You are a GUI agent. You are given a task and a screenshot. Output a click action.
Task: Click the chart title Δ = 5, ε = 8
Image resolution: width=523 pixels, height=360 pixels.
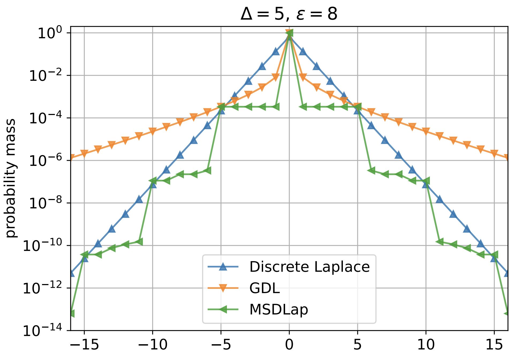tap(289, 14)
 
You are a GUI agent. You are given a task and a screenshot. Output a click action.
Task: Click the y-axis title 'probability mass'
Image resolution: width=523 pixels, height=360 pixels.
tap(11, 178)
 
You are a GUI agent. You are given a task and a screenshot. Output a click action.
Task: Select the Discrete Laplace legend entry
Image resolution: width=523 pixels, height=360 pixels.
tap(309, 267)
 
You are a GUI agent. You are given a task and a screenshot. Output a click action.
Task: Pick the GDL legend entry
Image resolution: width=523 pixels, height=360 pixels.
tap(264, 288)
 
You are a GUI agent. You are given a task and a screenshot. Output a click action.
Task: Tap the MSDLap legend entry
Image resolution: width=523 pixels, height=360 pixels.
tap(278, 309)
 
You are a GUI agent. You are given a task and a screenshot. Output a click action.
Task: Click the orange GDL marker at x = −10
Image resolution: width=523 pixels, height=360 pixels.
tap(153, 131)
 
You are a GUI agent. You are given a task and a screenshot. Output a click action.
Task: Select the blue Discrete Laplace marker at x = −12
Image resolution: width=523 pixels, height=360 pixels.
tap(125, 214)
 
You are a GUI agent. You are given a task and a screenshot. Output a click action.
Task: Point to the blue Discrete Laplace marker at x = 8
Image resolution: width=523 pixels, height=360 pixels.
tap(399, 155)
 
